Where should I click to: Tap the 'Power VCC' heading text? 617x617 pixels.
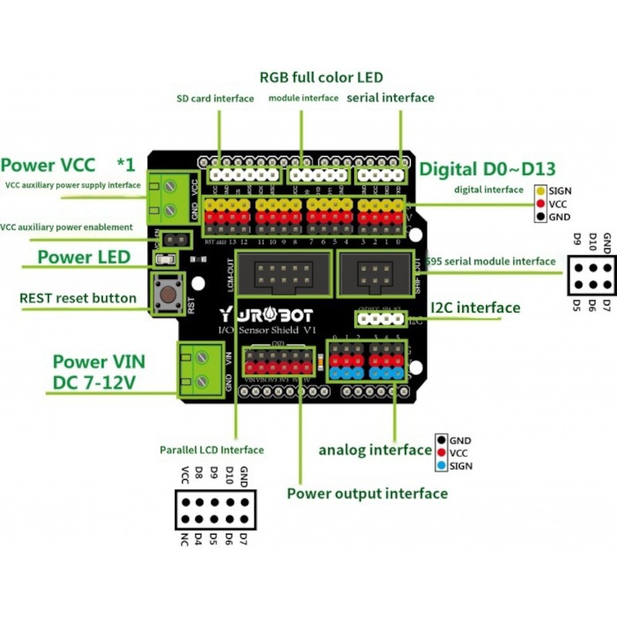click(x=48, y=165)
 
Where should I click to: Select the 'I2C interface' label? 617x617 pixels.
click(x=475, y=308)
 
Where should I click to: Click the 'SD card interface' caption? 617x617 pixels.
click(x=215, y=99)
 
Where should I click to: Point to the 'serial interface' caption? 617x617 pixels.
click(x=390, y=98)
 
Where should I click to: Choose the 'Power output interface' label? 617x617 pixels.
click(x=367, y=494)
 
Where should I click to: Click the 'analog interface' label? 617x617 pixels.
click(x=375, y=450)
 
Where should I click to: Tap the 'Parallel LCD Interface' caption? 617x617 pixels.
click(x=211, y=450)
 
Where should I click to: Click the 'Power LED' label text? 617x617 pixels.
click(x=84, y=258)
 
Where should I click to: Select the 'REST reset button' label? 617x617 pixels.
click(x=78, y=298)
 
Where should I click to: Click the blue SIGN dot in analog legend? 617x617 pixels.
click(x=441, y=466)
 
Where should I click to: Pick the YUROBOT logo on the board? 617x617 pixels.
click(x=255, y=315)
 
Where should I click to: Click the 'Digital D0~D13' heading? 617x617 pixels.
click(x=487, y=169)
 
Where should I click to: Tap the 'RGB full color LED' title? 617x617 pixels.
click(x=321, y=78)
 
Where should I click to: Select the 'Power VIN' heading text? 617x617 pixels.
click(x=99, y=362)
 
